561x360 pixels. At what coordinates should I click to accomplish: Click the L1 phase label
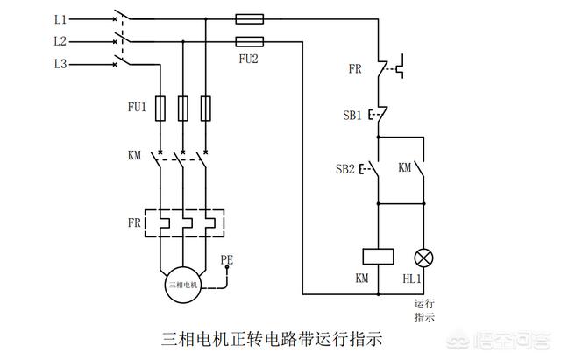tap(60, 19)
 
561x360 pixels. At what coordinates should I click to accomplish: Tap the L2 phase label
tap(60, 41)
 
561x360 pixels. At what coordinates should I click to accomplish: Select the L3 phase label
tap(60, 64)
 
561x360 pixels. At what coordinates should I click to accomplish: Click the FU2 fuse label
tap(249, 59)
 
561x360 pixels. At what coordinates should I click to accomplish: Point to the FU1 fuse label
tap(137, 107)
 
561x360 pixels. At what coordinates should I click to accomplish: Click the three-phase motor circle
tap(183, 285)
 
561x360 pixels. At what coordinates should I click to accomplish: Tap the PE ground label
tap(227, 259)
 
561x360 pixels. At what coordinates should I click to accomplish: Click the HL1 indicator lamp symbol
tap(423, 258)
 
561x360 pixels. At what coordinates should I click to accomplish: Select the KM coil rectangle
tap(378, 257)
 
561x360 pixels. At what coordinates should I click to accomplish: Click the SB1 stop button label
tap(352, 115)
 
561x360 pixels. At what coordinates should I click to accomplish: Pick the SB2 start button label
tap(344, 169)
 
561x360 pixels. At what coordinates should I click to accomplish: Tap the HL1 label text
tap(412, 279)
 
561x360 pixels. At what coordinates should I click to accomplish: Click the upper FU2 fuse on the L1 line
tap(250, 19)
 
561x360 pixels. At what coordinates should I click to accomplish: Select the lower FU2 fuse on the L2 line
tap(250, 41)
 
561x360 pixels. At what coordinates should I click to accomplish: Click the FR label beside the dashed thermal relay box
tap(134, 222)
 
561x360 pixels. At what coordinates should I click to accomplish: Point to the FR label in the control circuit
tap(355, 68)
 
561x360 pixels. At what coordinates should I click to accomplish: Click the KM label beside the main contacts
tap(134, 155)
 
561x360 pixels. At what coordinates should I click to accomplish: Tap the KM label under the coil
tap(362, 279)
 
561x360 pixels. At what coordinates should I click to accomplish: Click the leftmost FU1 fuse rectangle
tap(160, 109)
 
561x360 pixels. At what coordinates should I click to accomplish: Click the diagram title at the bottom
tap(272, 339)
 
